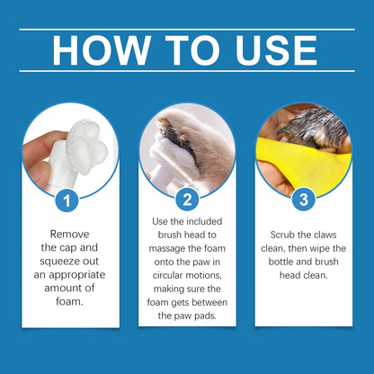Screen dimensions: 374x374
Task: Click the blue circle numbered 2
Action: click(187, 199)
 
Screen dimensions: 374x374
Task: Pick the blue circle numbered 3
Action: click(304, 199)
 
